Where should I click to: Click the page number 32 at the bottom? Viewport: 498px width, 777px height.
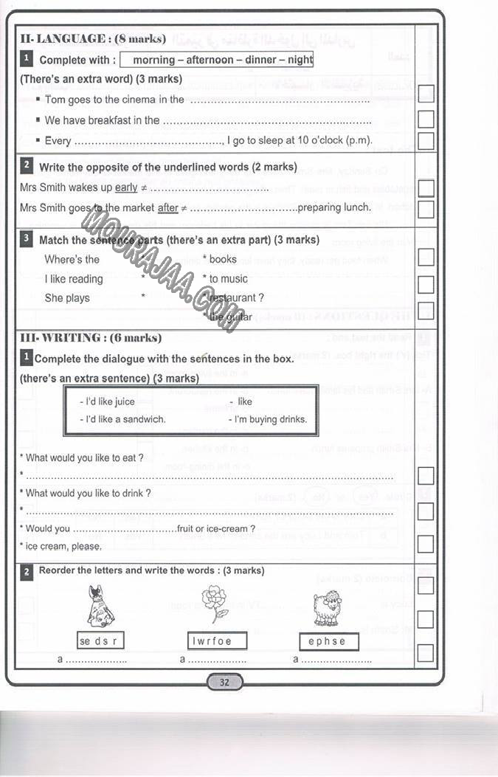(x=224, y=683)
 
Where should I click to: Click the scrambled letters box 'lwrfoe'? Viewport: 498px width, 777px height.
(x=212, y=641)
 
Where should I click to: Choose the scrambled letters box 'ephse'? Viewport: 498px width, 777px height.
(x=328, y=642)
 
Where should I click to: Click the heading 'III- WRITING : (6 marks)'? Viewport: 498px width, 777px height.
(x=90, y=338)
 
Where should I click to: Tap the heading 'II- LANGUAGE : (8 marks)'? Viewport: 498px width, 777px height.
(x=93, y=38)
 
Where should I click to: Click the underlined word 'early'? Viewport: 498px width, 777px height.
(x=126, y=188)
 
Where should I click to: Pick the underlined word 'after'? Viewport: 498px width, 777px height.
(x=168, y=208)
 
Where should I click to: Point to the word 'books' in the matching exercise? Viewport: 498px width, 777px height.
(x=223, y=259)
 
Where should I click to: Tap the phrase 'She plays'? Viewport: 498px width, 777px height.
(x=67, y=298)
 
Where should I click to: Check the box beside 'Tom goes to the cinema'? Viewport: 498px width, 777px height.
(x=426, y=94)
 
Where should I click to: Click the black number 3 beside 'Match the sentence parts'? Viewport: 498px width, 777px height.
(x=27, y=239)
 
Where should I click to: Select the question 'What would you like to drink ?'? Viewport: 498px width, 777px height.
(x=88, y=493)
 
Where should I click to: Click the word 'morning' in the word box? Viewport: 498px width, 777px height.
(x=154, y=60)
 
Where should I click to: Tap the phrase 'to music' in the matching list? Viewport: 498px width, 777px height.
(x=229, y=279)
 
